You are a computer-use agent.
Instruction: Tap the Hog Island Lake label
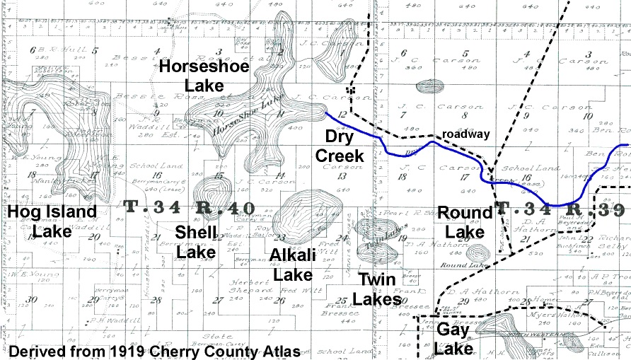[x=52, y=221]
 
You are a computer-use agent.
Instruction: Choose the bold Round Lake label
[x=464, y=222]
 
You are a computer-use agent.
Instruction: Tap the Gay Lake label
[x=453, y=339]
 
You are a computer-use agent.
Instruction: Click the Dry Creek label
[x=344, y=146]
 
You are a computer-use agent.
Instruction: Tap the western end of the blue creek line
[x=325, y=112]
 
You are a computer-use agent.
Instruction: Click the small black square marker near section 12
[x=350, y=90]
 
